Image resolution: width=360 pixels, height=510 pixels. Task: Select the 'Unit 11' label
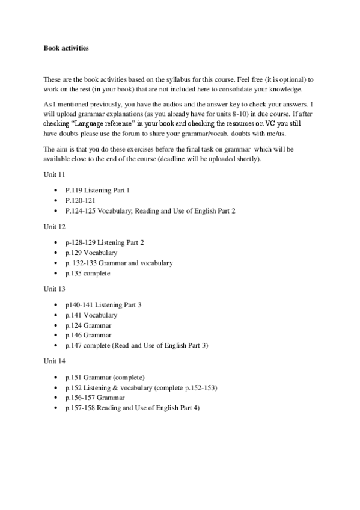click(53, 174)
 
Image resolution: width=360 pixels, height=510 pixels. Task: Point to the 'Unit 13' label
click(53, 289)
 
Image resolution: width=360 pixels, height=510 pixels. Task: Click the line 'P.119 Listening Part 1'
click(97, 190)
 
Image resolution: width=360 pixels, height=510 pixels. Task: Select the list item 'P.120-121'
click(81, 200)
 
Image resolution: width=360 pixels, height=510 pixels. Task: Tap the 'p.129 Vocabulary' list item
click(91, 253)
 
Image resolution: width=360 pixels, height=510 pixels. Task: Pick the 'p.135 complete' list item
click(88, 273)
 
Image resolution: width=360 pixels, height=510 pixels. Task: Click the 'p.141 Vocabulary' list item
click(91, 315)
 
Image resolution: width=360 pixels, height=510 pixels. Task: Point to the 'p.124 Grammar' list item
click(88, 325)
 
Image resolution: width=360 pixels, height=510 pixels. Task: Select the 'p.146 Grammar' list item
click(88, 335)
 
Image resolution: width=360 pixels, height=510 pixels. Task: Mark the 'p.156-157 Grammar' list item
click(95, 397)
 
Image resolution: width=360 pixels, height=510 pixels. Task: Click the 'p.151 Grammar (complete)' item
click(105, 376)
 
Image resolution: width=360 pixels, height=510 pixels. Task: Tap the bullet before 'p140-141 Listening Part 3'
click(56, 305)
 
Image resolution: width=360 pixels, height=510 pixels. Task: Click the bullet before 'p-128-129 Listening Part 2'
click(56, 242)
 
